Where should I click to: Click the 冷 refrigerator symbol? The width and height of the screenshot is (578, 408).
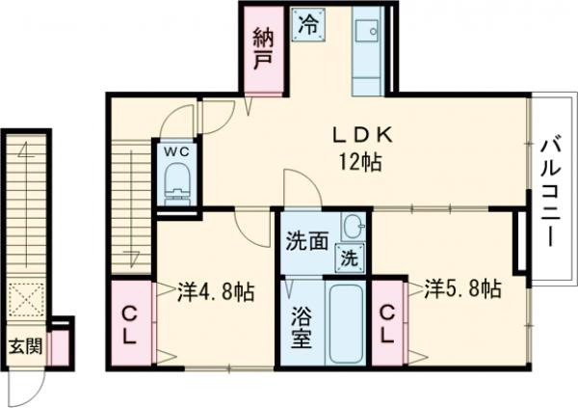[314, 19]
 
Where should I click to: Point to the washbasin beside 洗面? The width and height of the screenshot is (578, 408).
[354, 229]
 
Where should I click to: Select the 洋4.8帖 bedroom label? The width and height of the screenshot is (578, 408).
[215, 290]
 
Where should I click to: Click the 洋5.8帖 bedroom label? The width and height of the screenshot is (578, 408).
[462, 287]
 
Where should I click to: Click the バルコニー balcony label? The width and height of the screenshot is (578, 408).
[551, 204]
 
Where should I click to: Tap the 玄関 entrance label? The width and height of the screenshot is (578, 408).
[25, 344]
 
